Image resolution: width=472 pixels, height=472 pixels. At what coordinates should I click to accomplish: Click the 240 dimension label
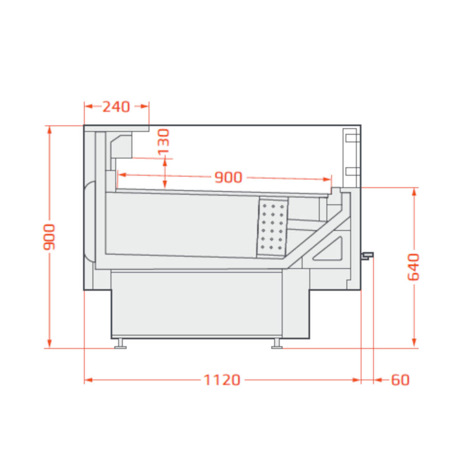116,107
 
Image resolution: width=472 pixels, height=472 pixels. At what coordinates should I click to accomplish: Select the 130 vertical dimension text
163,142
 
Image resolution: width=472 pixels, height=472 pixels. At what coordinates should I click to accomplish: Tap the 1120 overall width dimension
222,380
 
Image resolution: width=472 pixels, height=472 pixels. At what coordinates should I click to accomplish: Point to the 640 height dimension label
413,267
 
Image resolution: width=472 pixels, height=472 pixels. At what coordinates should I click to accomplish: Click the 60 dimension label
400,380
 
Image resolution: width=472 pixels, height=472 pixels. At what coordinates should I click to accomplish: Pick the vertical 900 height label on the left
49,237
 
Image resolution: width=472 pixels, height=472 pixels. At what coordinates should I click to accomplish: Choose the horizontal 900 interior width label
228,177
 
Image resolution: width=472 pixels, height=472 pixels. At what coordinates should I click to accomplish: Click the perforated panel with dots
272,228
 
